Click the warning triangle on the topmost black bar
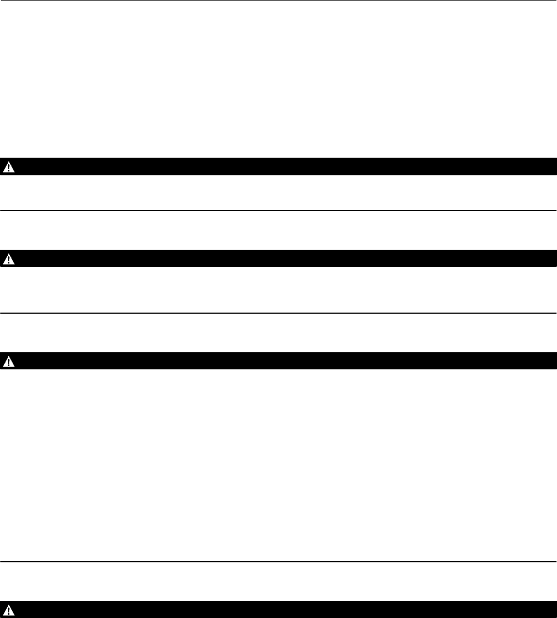tap(9, 167)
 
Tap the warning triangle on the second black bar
tap(9, 259)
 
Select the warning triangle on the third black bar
tap(9, 361)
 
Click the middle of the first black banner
tap(278, 166)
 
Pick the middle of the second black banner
tap(278, 259)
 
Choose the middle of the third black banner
tap(278, 361)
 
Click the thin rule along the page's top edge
tap(278, 1)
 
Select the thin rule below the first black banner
tap(278, 210)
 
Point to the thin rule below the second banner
tap(278, 313)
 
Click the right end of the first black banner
tap(552, 166)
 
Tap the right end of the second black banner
tap(552, 259)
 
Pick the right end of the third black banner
tap(552, 361)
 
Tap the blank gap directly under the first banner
tap(278, 192)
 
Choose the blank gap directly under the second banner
tap(278, 289)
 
